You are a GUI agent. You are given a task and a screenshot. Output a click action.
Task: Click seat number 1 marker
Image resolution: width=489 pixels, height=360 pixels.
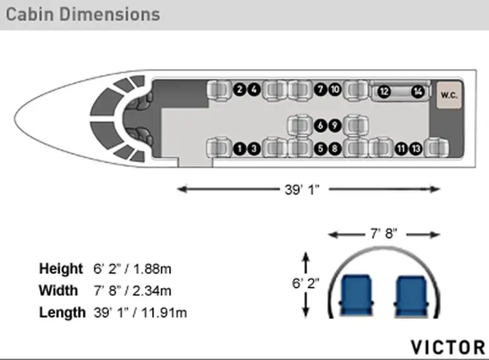click(x=239, y=149)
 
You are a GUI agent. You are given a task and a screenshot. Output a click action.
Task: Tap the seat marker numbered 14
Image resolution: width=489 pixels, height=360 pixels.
click(x=418, y=92)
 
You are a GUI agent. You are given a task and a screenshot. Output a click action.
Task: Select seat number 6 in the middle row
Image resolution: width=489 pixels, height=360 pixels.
click(x=320, y=125)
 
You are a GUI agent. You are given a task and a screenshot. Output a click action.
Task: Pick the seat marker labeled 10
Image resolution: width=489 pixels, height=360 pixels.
click(x=335, y=90)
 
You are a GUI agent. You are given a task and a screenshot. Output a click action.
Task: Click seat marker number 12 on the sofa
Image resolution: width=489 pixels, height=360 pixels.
click(x=384, y=92)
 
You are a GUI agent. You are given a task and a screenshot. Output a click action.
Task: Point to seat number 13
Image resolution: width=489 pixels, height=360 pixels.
click(x=416, y=149)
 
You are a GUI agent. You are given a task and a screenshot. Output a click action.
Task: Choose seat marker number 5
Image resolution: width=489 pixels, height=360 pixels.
click(x=320, y=149)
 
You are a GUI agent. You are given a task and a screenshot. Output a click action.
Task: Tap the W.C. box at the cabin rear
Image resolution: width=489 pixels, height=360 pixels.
click(x=449, y=95)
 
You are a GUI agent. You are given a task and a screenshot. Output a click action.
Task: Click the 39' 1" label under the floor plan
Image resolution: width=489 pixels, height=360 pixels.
click(x=302, y=189)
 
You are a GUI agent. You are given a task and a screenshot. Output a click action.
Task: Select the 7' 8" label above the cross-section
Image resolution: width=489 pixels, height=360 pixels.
click(x=384, y=233)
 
